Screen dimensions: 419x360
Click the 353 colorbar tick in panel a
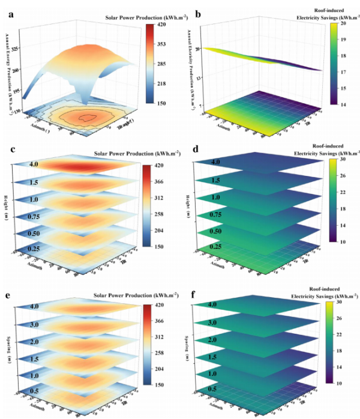pyautogui.click(x=161, y=44)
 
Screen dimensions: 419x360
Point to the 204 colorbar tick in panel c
pyautogui.click(x=159, y=229)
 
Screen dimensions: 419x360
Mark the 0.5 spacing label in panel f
pyautogui.click(x=212, y=389)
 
